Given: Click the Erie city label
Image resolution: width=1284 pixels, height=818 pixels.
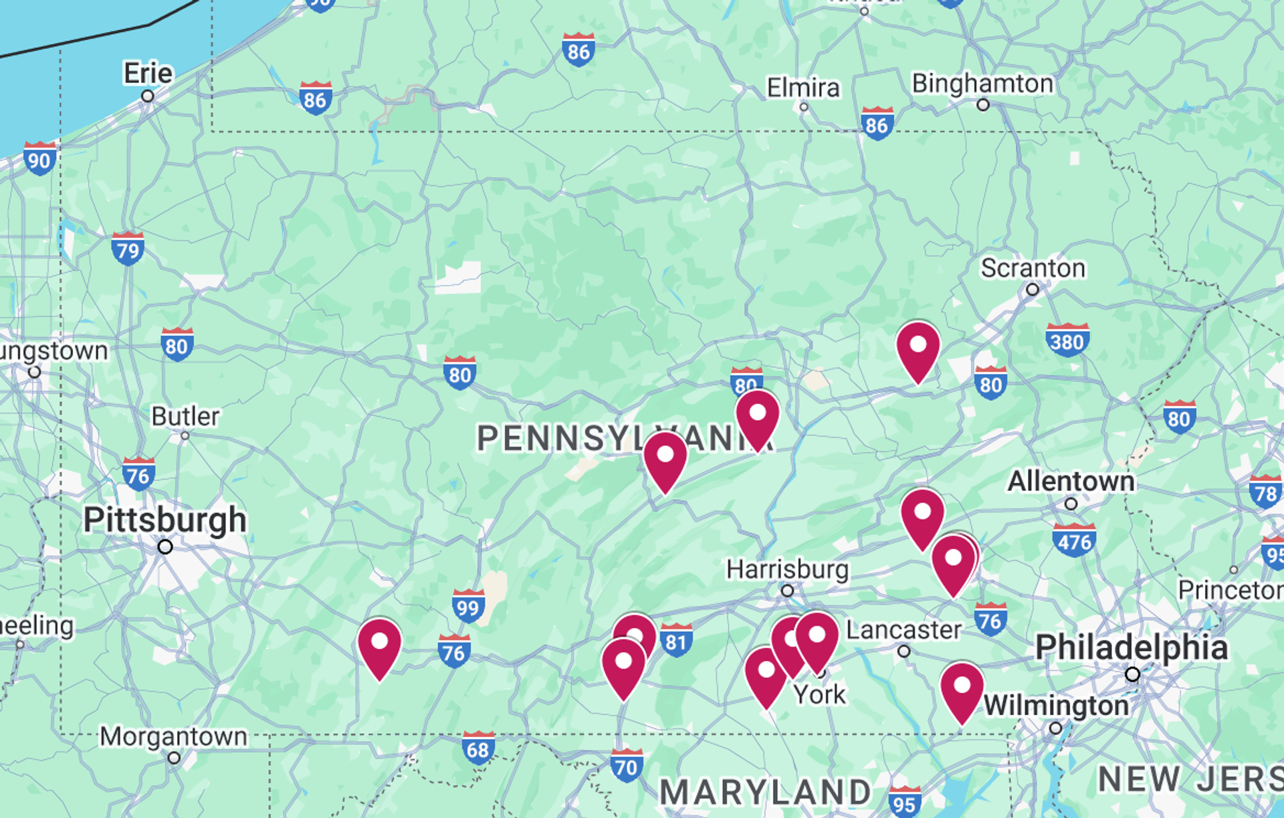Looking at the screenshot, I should (x=148, y=73).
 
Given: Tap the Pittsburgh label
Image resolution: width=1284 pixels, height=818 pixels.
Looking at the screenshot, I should (x=165, y=520).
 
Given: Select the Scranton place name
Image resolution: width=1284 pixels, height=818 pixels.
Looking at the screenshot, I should (x=1033, y=268).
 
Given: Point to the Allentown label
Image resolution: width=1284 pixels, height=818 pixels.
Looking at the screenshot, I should (x=1071, y=481).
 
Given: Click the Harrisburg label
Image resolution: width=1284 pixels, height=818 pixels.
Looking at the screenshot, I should (x=787, y=570).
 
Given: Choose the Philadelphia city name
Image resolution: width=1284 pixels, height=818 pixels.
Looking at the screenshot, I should (x=1132, y=647).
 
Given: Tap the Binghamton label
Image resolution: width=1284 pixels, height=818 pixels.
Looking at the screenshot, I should (x=982, y=84).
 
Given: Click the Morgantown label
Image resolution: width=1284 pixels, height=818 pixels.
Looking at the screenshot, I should (x=173, y=736).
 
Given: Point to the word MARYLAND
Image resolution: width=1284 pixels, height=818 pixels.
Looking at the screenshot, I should (x=765, y=793).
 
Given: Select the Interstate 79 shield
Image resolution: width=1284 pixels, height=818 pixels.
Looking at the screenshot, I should (x=128, y=249).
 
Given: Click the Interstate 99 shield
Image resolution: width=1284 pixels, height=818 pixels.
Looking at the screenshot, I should (x=468, y=606).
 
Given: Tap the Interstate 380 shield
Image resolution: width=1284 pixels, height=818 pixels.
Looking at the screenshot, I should (x=1067, y=340).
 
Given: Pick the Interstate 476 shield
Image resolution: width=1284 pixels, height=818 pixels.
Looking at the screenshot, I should (x=1074, y=540).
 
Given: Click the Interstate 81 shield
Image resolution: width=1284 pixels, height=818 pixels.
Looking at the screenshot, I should (x=675, y=641).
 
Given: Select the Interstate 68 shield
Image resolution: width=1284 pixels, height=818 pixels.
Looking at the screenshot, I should (x=478, y=748).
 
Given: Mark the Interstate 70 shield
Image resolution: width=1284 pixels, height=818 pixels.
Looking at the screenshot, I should (x=627, y=765).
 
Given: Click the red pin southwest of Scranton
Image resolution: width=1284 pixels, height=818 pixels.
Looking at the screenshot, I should (x=918, y=350).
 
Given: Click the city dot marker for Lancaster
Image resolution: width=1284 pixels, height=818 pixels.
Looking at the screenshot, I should (x=903, y=651).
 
